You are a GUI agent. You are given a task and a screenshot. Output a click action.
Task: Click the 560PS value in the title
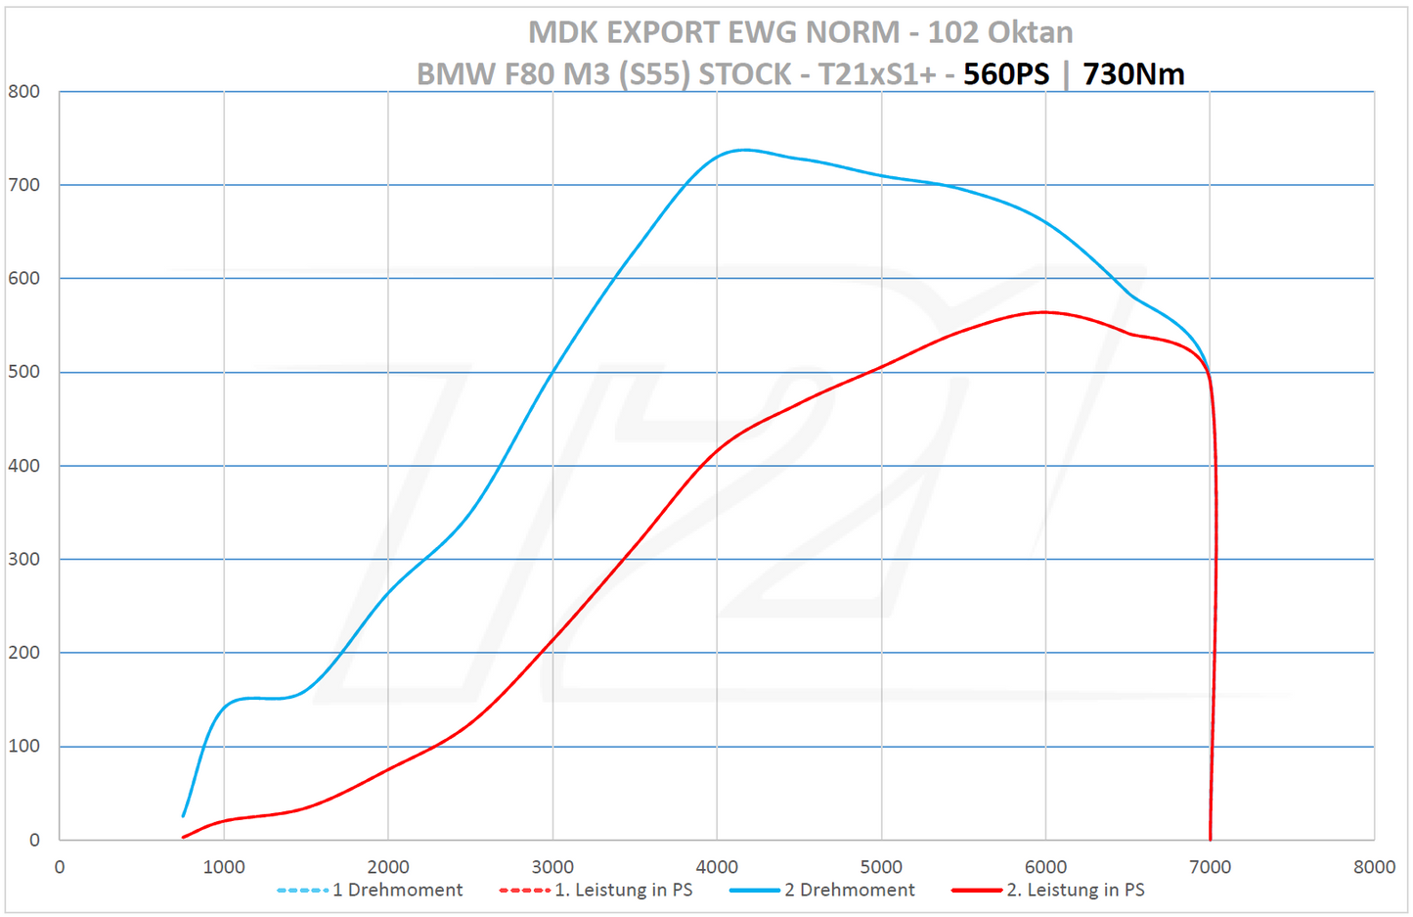pos(1005,74)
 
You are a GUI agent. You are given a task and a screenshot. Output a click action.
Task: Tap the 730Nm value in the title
pos(1133,74)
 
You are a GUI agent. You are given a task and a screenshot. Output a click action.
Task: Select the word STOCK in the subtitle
pos(744,74)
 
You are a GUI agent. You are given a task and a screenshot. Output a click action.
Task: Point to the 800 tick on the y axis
pos(24,92)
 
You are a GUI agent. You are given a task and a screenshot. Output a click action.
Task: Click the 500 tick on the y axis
pos(24,372)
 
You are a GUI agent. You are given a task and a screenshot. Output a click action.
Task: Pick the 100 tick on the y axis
pos(24,746)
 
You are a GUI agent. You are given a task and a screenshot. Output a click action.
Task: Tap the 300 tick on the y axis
pos(24,559)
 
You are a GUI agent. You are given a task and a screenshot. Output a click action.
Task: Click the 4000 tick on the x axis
pos(717,867)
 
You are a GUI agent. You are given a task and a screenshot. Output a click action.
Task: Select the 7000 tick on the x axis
pos(1210,867)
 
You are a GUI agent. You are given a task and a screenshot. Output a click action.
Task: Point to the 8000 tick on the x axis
pos(1374,867)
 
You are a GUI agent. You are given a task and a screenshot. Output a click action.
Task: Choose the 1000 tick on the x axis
pos(224,867)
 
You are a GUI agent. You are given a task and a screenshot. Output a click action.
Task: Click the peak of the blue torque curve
pos(745,150)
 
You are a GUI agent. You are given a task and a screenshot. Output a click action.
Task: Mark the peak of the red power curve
pos(1044,312)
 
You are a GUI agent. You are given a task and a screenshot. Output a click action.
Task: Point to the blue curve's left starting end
pos(183,815)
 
